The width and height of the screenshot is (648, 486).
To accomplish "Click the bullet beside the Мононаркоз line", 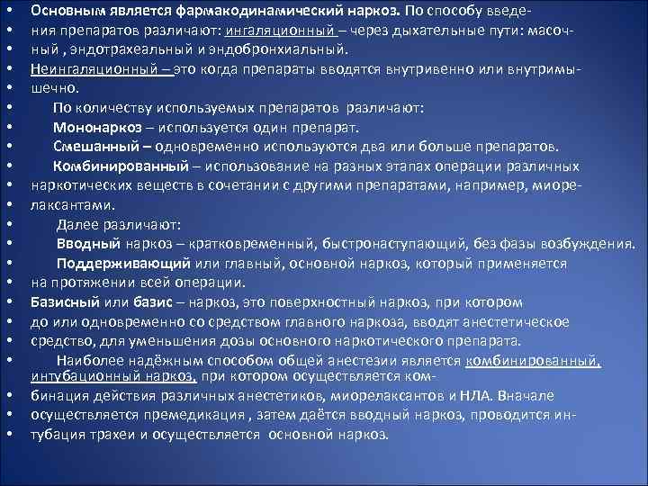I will pos(8,128).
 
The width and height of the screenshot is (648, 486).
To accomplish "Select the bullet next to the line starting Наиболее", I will pos(8,361).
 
